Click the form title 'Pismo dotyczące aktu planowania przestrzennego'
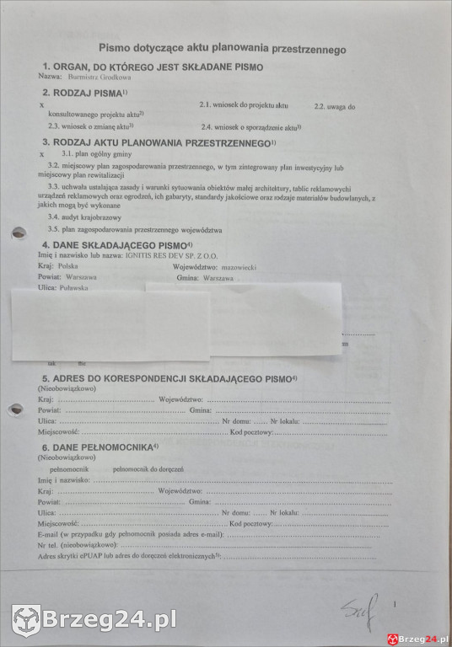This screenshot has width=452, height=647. (x=223, y=50)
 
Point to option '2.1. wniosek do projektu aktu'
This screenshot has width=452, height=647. (x=244, y=105)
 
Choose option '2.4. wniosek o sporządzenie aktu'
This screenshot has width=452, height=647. (x=250, y=126)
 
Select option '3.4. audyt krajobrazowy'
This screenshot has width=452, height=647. (x=85, y=217)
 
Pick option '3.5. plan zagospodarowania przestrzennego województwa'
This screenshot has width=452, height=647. (x=135, y=229)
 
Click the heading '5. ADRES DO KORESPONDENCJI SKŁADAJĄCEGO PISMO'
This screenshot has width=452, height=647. (x=165, y=379)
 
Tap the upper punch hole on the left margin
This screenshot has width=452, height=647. (x=16, y=233)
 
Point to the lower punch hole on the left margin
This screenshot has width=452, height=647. (x=16, y=410)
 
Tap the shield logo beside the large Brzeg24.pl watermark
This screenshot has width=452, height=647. (x=26, y=620)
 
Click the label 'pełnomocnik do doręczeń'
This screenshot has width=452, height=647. (x=148, y=468)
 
